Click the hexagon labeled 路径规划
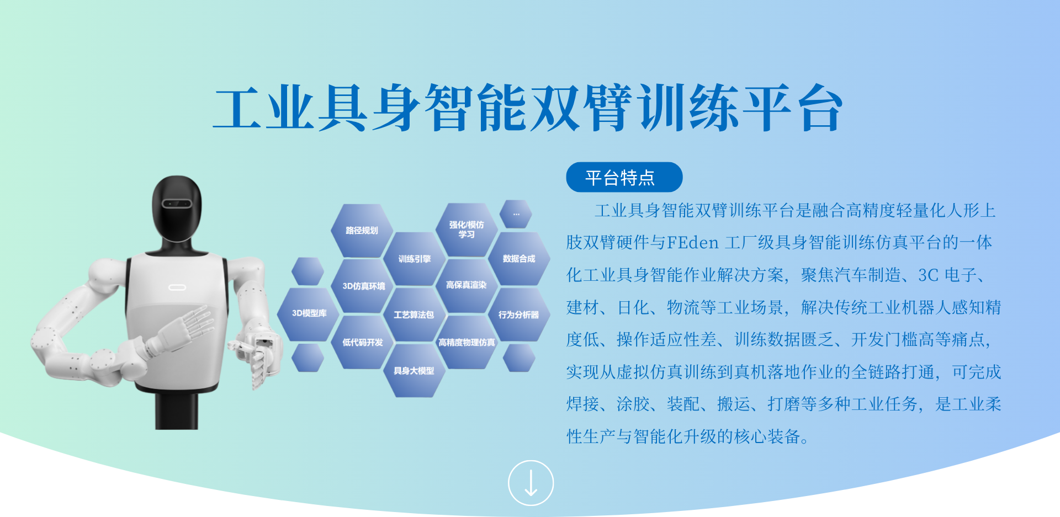(362, 231)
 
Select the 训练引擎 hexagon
(415, 259)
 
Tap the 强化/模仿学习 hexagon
(467, 230)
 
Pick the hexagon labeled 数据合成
(519, 259)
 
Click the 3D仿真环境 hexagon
(363, 286)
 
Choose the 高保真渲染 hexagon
(467, 285)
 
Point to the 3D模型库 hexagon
(309, 313)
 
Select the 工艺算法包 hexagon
(414, 315)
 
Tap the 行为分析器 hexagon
(519, 315)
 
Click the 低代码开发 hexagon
(362, 343)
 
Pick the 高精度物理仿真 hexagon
(467, 343)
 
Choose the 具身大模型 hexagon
(414, 371)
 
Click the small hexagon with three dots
(516, 214)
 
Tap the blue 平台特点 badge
(624, 177)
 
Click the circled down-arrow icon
(531, 483)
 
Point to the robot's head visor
(177, 204)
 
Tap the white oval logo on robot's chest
(177, 287)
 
